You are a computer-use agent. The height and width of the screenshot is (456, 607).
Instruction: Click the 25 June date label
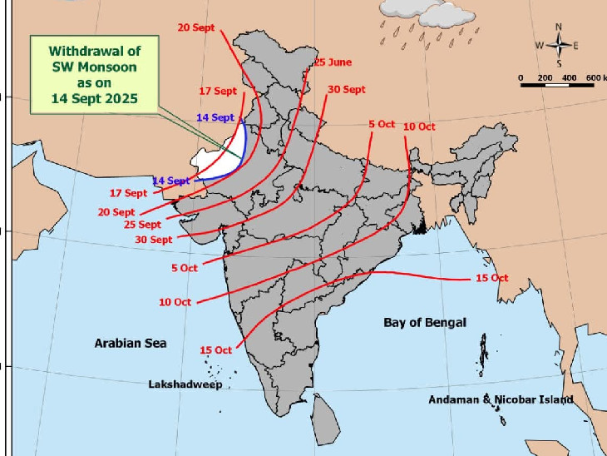click(333, 62)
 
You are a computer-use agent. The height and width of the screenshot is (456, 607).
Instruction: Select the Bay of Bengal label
click(425, 322)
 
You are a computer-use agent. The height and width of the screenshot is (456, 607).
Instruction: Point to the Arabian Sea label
click(130, 343)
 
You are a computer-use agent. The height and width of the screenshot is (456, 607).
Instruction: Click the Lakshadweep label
click(185, 385)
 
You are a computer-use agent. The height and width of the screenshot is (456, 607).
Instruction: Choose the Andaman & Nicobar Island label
click(501, 399)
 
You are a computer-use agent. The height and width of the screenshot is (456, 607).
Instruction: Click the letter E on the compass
click(575, 45)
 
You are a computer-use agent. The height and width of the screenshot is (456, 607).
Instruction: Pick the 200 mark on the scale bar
click(545, 77)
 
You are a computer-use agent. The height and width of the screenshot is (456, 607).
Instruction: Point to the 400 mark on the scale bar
click(570, 77)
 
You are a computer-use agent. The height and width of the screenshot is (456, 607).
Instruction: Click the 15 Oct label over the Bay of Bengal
click(491, 278)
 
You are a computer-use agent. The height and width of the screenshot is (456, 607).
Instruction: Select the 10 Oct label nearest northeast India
click(419, 126)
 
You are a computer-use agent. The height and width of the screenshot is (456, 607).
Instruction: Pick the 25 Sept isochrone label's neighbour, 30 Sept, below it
click(154, 240)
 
